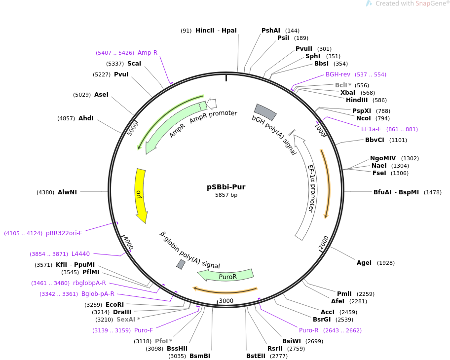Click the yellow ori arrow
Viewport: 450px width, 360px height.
[141, 196]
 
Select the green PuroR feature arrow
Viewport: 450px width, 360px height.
[225, 275]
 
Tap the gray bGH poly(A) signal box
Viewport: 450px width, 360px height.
[265, 112]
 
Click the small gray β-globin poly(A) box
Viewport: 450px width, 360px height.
[181, 264]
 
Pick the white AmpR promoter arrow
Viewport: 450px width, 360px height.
[212, 104]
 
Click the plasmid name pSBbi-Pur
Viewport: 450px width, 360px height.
[226, 187]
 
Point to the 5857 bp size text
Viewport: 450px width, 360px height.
[226, 195]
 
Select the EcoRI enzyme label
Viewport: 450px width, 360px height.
[115, 305]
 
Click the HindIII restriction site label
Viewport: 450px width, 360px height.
[357, 100]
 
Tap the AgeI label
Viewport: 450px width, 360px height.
[364, 263]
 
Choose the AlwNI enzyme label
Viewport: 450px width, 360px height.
[68, 192]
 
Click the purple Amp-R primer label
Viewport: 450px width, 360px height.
[148, 53]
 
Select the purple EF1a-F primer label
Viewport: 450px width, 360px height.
[371, 129]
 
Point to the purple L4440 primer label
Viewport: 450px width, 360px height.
[80, 254]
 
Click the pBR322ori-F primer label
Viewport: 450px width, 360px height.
[64, 233]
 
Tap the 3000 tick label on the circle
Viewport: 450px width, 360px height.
[226, 301]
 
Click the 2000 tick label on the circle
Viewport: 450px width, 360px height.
[324, 243]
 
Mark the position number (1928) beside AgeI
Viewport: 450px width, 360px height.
[386, 263]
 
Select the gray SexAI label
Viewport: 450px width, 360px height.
[126, 320]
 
